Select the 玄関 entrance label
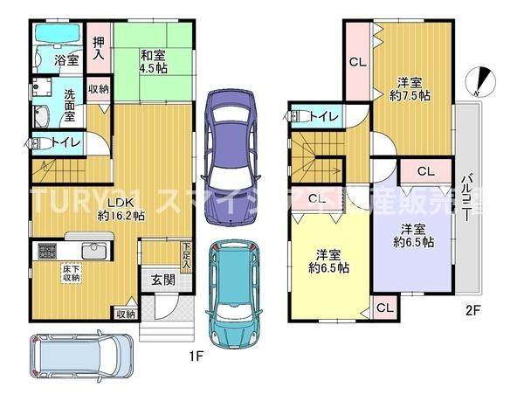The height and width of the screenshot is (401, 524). click(163, 280)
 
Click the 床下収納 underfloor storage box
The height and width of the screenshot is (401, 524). click(71, 273)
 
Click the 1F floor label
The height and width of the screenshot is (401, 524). click(196, 356)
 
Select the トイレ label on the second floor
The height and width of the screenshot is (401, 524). click(324, 114)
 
